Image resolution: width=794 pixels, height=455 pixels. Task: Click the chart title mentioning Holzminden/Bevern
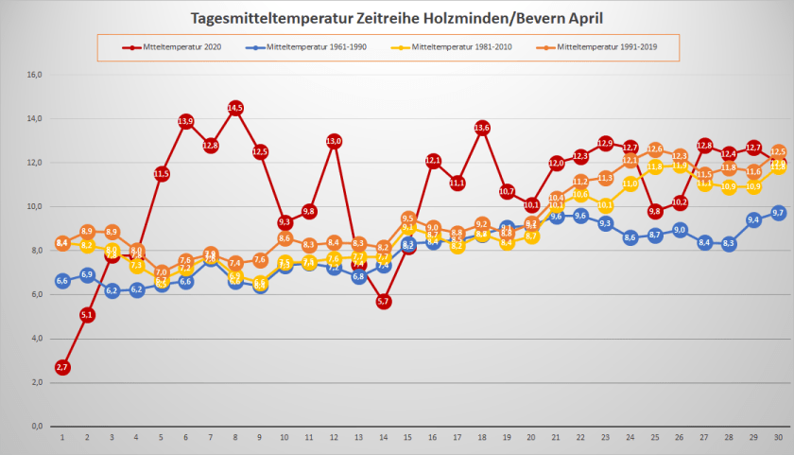(x=396, y=18)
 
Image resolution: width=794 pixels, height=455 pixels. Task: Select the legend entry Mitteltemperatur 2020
(x=181, y=45)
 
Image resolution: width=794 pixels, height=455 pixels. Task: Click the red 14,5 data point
(x=235, y=108)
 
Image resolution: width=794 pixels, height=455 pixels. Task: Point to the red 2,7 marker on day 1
(x=62, y=367)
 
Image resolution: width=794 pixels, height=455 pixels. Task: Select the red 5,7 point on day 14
(x=383, y=301)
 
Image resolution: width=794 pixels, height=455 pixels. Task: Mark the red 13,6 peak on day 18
(x=482, y=128)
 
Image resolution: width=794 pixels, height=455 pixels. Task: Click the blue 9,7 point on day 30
(x=778, y=213)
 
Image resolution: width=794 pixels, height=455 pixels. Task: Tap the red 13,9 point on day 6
(x=186, y=121)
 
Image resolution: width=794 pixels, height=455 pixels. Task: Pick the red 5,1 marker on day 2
(x=87, y=315)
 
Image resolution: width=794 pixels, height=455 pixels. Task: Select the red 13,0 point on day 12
(x=334, y=141)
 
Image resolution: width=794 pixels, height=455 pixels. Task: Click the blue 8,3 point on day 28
(x=729, y=243)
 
